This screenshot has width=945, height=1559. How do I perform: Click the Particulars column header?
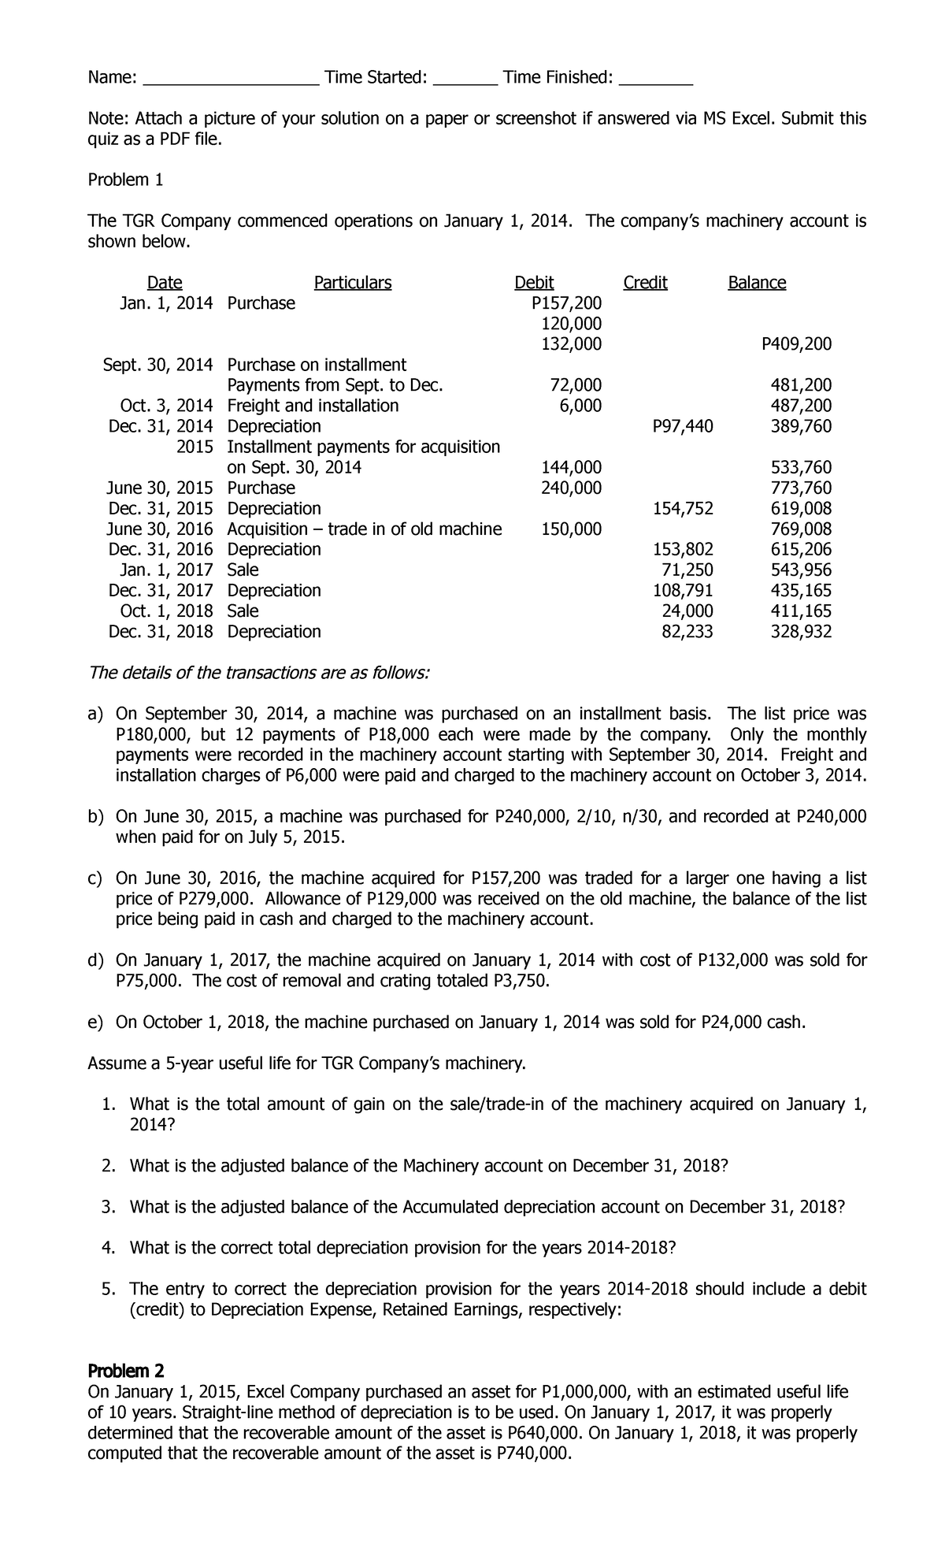pyautogui.click(x=352, y=283)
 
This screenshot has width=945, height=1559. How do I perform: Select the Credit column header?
pyautogui.click(x=645, y=283)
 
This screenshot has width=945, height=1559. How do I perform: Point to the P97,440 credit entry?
pyautogui.click(x=683, y=426)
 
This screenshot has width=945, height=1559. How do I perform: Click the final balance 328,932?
pyautogui.click(x=800, y=631)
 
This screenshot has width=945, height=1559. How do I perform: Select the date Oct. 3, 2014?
pyautogui.click(x=166, y=406)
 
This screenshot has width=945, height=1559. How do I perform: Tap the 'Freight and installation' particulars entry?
pyautogui.click(x=313, y=406)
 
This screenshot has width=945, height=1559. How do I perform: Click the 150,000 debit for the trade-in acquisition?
pyautogui.click(x=572, y=529)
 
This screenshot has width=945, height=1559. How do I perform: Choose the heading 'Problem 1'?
pyautogui.click(x=125, y=180)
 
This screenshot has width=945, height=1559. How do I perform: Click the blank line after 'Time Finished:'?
pyautogui.click(x=656, y=81)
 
